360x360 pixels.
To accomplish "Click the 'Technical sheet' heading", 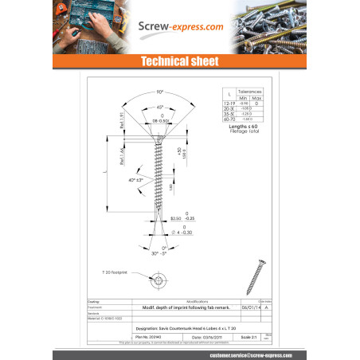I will [x=179, y=61].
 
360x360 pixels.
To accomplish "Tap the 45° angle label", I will [x=160, y=108].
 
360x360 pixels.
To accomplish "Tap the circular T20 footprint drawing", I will [x=159, y=280].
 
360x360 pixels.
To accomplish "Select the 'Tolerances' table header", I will [x=252, y=92].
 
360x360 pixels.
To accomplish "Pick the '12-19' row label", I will [x=229, y=104].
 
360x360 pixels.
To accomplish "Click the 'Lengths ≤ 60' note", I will [x=247, y=127].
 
